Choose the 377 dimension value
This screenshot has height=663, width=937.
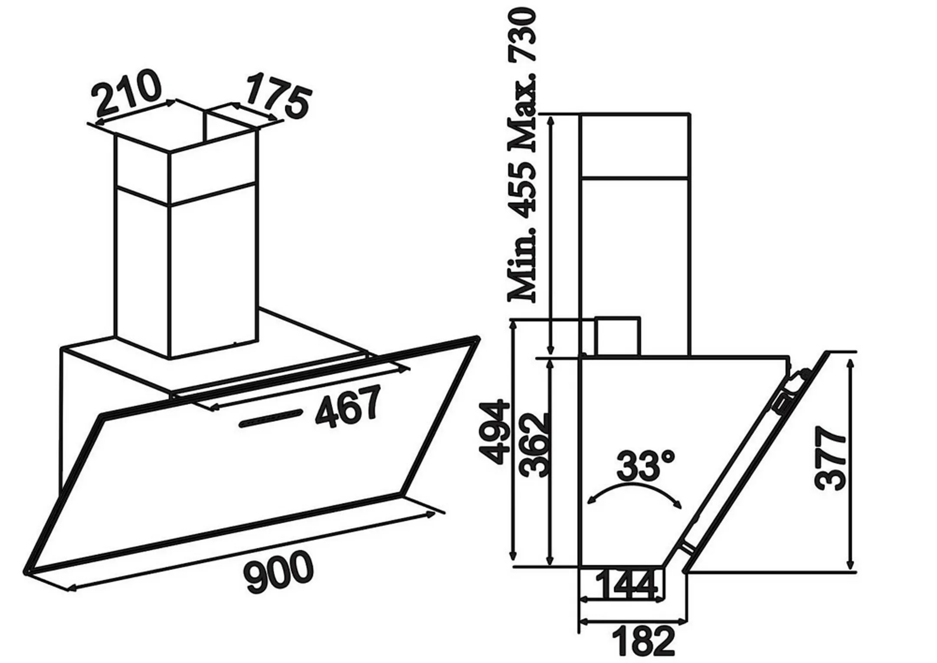[831, 459]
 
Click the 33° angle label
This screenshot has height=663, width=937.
[645, 466]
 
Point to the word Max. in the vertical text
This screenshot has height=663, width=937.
[523, 111]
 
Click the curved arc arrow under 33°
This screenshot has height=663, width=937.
[634, 492]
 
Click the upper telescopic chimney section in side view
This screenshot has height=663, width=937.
[634, 146]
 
